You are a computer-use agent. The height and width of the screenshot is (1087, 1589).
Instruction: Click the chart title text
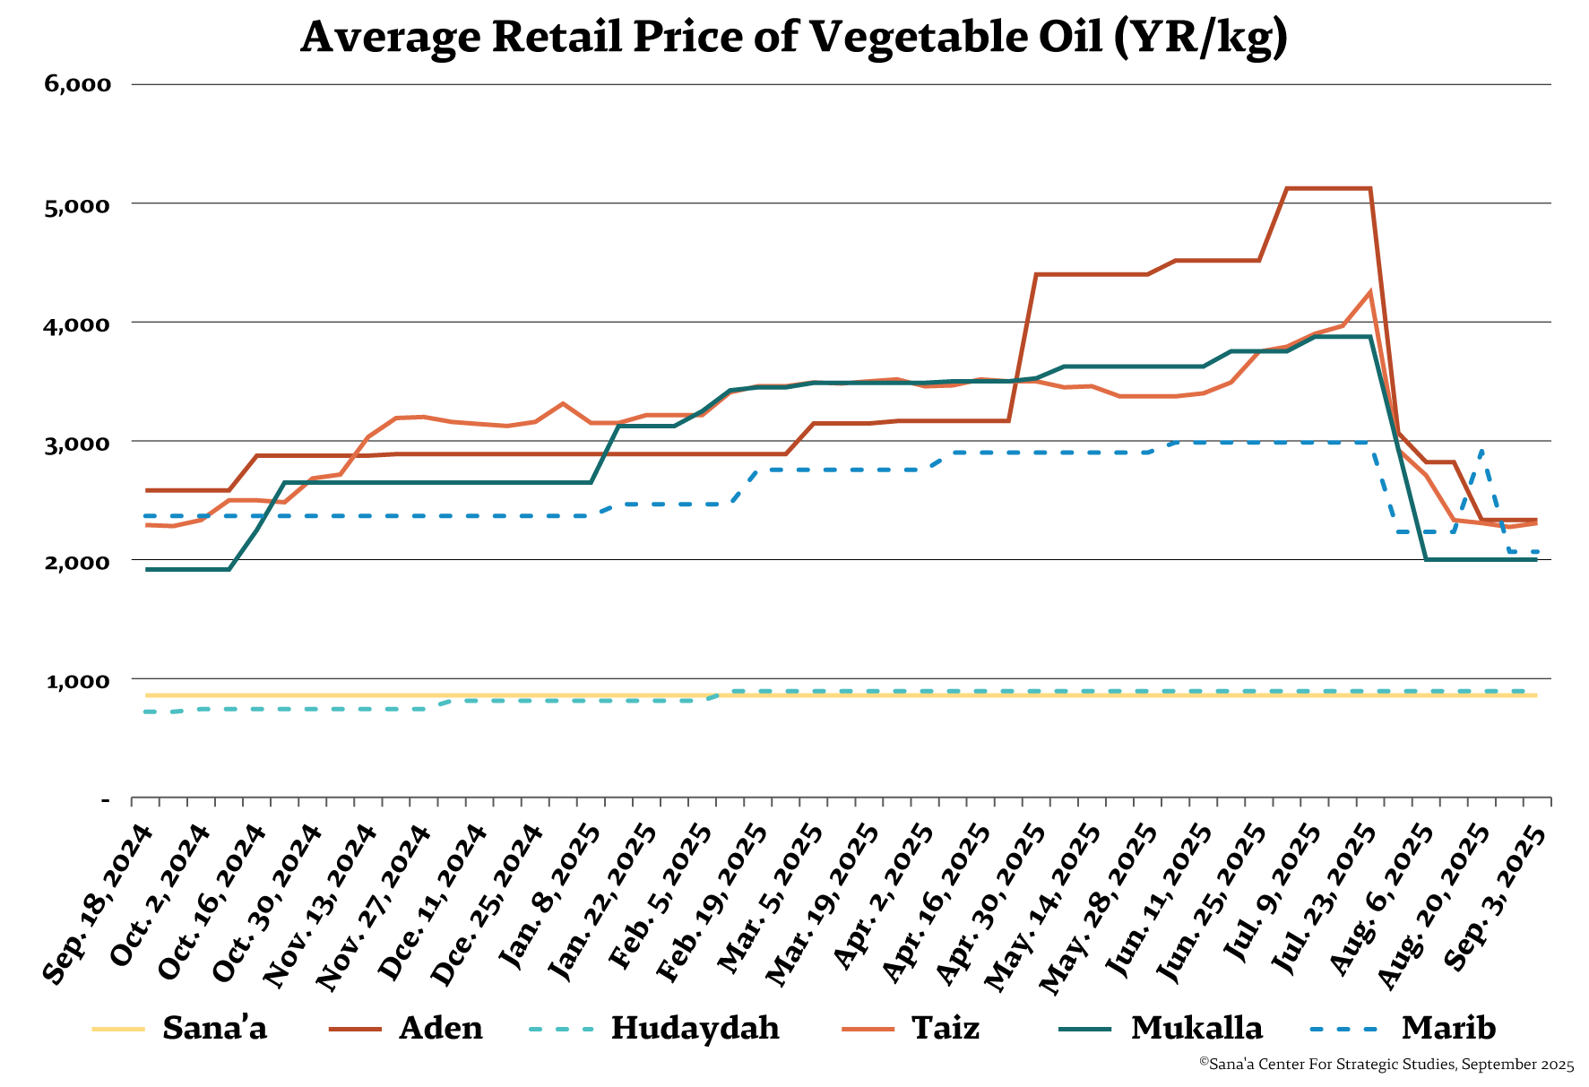tap(793, 37)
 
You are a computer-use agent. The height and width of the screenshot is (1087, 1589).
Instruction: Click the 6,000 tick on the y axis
tap(78, 84)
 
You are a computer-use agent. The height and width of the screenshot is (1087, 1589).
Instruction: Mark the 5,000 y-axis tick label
tap(78, 204)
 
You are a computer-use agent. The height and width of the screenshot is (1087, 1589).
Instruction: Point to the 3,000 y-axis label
tap(78, 443)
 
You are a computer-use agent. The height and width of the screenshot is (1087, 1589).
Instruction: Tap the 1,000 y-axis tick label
tap(78, 681)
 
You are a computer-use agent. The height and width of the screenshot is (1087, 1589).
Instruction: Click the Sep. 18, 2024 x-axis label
tap(99, 905)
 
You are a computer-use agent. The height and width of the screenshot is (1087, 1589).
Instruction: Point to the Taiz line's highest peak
tap(1369, 291)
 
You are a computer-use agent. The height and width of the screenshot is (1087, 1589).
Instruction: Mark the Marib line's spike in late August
tap(1481, 451)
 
